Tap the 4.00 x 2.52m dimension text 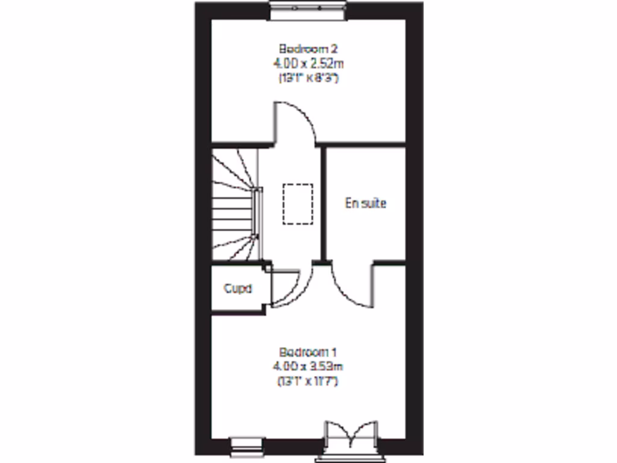point(308,63)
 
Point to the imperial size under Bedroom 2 point(308,78)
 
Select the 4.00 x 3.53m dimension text point(308,366)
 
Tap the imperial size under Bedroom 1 point(308,381)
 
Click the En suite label point(365,203)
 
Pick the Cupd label point(237,288)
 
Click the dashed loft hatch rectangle point(298,204)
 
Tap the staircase point(232,205)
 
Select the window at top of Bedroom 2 point(308,9)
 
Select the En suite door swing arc point(349,286)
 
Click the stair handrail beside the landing point(260,214)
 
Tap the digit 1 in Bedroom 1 point(331,351)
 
